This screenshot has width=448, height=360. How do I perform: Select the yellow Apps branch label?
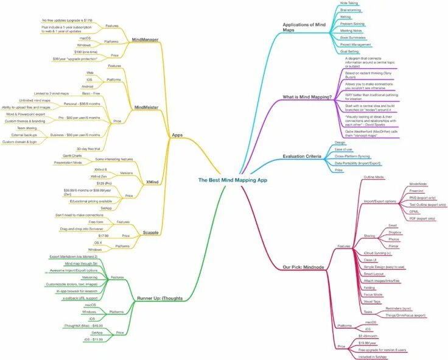tap(177, 135)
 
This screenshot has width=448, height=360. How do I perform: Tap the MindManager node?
tap(145, 40)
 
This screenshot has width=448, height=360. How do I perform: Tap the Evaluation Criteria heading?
tap(302, 157)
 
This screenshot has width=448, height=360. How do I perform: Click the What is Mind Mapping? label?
tap(307, 97)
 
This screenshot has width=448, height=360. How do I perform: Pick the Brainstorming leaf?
tap(352, 10)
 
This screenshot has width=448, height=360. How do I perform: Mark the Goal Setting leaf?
tap(349, 52)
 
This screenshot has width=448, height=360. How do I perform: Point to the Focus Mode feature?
tap(373, 294)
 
